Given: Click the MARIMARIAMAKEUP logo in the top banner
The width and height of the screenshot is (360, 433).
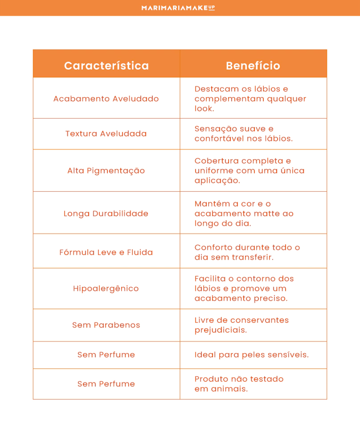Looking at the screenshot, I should click(178, 8).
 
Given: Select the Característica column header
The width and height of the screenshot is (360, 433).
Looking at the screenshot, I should click(106, 66).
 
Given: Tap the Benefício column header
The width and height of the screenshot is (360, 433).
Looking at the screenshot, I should click(253, 66).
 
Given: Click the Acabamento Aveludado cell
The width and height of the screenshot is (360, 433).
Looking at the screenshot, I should click(106, 99).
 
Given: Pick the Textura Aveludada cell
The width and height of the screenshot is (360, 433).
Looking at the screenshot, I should click(106, 133).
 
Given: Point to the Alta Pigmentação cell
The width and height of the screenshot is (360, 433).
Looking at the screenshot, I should click(106, 170).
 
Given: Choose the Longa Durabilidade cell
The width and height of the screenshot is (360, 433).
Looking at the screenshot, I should click(106, 213).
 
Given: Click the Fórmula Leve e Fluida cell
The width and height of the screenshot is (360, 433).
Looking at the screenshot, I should click(106, 252).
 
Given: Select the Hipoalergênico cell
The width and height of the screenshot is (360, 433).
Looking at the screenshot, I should click(106, 288).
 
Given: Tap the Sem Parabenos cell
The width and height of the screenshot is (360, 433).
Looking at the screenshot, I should click(106, 325).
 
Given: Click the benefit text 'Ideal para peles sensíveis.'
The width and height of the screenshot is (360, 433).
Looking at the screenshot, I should click(251, 355).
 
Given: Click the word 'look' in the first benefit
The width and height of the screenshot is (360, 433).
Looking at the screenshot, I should click(204, 108).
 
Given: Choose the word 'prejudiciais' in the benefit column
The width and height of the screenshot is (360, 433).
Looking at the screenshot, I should click(221, 330).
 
